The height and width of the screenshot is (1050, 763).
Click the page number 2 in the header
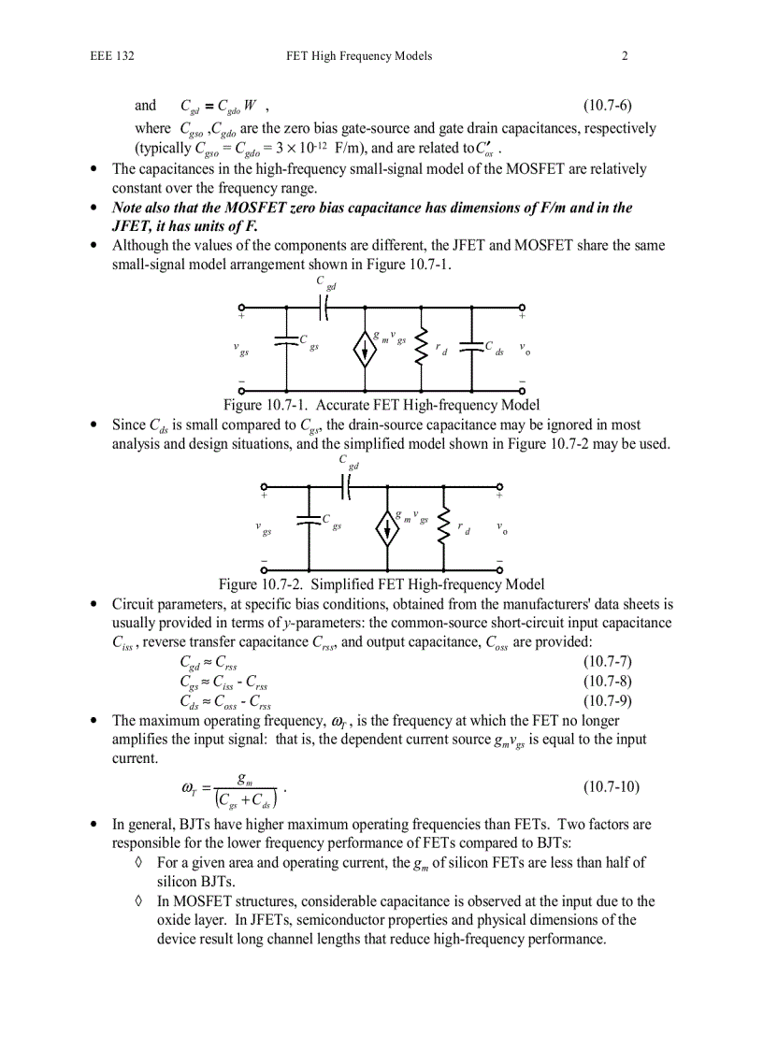625,56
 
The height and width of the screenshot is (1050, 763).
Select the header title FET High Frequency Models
359,56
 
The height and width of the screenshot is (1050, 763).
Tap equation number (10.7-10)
611,786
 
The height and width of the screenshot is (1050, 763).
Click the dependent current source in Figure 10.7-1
364,347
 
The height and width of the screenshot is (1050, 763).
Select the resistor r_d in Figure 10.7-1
422,347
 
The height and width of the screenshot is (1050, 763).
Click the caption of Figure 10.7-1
381,405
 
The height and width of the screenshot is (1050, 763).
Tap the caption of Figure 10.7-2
381,584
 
